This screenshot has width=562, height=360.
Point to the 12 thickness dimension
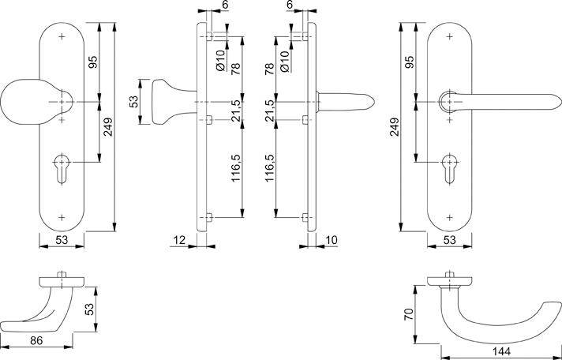180,239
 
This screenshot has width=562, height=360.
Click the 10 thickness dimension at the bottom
330,239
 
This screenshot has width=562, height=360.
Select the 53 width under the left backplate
62,240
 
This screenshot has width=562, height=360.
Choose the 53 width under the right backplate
449,240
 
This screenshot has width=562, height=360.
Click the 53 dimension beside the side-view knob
134,102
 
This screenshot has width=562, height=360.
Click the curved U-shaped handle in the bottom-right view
481,316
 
